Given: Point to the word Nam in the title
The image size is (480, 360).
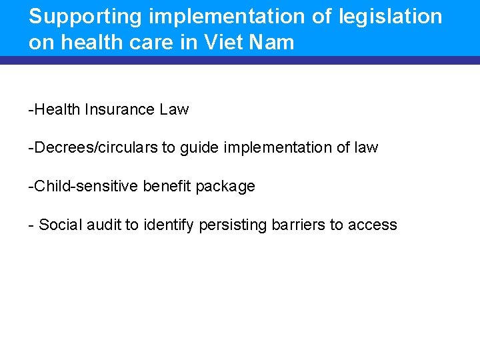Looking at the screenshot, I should tap(275, 43).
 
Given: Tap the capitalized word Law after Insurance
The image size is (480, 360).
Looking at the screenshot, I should tap(174, 109).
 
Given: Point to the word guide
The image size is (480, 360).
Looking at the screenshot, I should tap(202, 147).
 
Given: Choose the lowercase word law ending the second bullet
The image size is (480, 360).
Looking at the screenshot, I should tap(366, 147).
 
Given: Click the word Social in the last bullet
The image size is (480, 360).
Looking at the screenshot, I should tap(57, 225).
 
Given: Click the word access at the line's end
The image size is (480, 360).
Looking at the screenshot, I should tap(372, 225).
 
